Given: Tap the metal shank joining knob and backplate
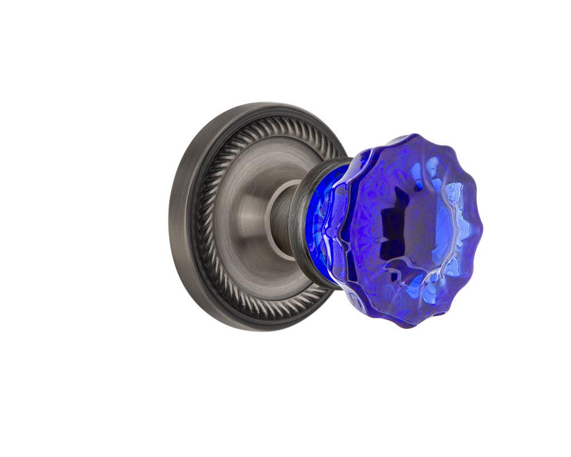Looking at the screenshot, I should [x=284, y=217].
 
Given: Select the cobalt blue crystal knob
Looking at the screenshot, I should [x=400, y=228].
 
